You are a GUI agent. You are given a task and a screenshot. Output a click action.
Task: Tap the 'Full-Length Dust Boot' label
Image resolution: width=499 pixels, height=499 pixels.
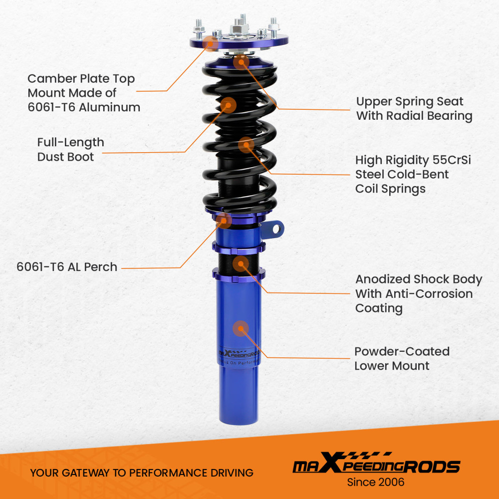point(70,149)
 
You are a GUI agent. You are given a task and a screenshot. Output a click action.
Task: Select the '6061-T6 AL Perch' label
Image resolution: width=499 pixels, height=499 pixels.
point(67,267)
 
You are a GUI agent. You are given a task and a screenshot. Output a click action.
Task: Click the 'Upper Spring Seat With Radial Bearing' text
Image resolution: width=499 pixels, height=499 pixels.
point(414,109)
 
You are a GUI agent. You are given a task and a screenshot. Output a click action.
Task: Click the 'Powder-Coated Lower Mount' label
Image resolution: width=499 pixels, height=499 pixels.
point(402,358)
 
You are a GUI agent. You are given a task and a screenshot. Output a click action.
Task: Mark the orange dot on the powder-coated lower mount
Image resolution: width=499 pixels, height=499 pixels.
point(241,328)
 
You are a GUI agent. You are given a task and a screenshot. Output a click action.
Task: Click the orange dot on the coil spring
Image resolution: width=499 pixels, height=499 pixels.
point(246,145)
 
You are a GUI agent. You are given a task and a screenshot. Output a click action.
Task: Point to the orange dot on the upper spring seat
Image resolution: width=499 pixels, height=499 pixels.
point(241,62)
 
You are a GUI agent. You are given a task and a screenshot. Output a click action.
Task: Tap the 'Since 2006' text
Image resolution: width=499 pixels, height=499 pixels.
point(376,482)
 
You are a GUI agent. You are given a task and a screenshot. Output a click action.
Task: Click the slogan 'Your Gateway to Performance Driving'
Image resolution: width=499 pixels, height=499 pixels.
point(142,473)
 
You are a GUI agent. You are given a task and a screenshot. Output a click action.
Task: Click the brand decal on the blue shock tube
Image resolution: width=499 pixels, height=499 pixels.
point(240,354)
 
